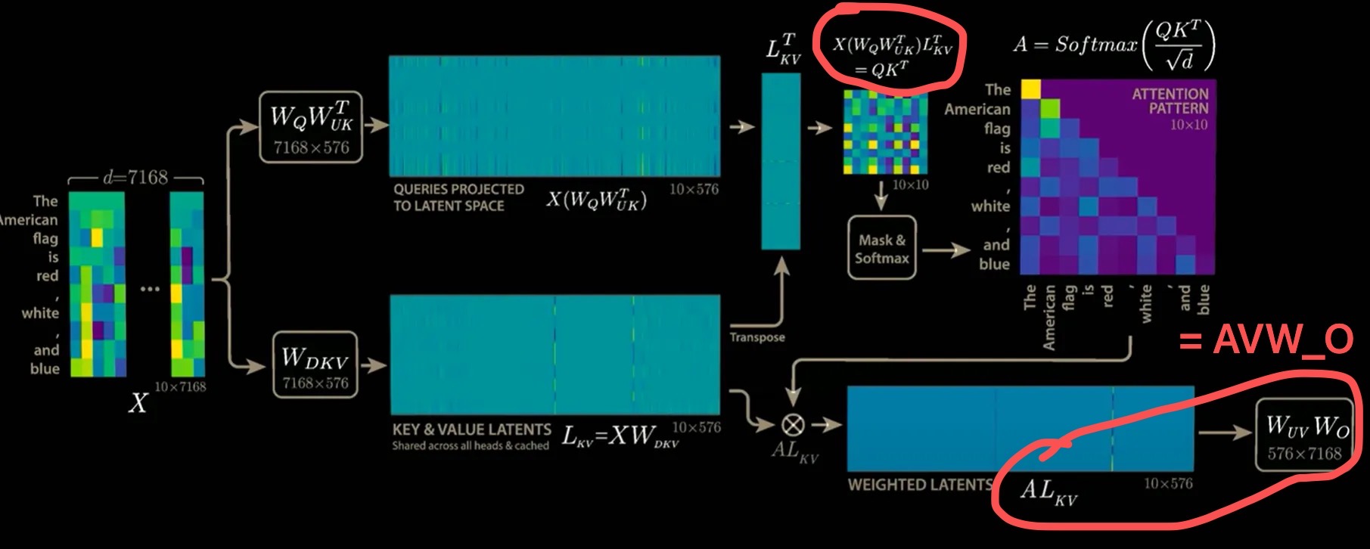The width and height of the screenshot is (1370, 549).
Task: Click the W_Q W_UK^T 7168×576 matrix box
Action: (x=311, y=126)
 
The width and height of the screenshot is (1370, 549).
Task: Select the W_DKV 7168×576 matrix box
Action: (x=315, y=364)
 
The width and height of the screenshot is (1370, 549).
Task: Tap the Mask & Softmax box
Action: (x=882, y=249)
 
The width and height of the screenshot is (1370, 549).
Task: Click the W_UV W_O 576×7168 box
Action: (x=1305, y=436)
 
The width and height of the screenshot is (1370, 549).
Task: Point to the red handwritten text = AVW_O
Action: (x=1266, y=340)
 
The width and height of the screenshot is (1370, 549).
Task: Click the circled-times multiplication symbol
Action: (x=793, y=425)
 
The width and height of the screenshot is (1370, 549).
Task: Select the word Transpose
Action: (x=756, y=337)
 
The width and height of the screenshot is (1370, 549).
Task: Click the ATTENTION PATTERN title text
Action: (x=1170, y=101)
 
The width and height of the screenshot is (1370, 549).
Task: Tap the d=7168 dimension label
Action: (x=136, y=178)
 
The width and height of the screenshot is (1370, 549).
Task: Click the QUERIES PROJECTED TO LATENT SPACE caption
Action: (x=458, y=197)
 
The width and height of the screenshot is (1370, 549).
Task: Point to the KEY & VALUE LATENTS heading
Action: (x=471, y=430)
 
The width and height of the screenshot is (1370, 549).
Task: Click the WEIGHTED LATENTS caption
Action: (x=918, y=485)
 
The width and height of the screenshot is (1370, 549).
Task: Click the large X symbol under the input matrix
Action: (x=138, y=403)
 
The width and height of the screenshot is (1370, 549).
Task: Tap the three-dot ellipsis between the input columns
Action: (x=150, y=289)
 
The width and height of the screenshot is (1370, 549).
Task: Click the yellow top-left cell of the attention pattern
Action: (x=1030, y=89)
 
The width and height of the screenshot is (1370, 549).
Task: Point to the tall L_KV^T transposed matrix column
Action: (x=781, y=160)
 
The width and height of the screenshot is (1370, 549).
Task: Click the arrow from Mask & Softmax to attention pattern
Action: (x=946, y=250)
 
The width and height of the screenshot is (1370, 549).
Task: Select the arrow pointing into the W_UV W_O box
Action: (x=1226, y=433)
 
